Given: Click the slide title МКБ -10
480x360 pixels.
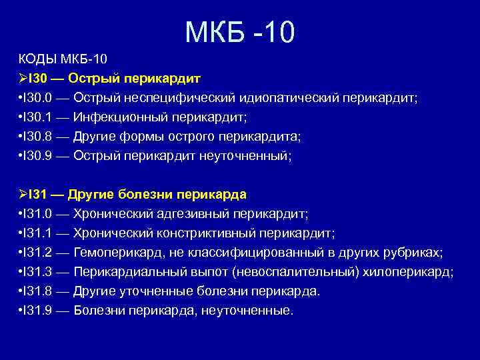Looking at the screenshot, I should (239, 32).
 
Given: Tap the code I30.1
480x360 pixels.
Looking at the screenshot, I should (37, 117).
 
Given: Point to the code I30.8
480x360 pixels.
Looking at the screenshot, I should (37, 136).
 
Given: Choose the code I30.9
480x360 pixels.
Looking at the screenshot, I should (37, 155).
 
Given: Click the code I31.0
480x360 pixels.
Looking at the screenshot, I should (37, 214).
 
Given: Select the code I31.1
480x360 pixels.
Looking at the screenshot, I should (37, 233).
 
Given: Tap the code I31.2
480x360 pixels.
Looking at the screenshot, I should (37, 253).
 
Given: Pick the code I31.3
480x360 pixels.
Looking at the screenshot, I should (37, 272).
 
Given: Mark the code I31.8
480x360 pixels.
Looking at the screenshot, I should (37, 291).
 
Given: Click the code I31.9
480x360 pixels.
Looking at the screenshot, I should (37, 311).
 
